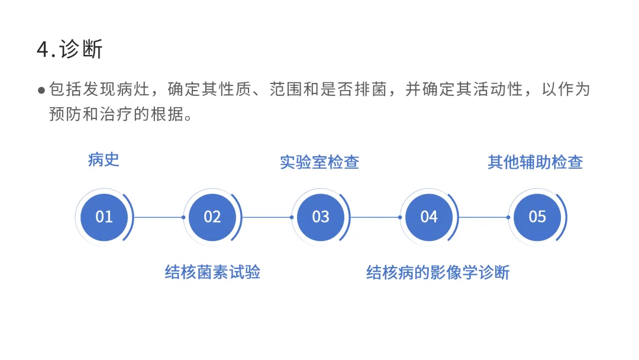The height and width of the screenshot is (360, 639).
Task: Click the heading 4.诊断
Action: [69, 49]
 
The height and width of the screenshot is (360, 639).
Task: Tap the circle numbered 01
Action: [104, 217]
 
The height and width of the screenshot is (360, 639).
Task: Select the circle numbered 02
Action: [212, 217]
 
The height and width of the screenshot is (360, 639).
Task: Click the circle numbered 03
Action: [321, 217]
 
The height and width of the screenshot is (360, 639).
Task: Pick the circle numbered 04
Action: [429, 217]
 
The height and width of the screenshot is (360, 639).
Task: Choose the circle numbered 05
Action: [537, 217]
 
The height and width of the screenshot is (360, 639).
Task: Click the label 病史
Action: [104, 160]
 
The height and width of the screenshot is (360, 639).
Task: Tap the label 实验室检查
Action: [319, 162]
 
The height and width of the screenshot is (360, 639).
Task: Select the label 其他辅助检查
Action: [535, 162]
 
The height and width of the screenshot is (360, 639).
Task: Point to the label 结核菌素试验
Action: [212, 272]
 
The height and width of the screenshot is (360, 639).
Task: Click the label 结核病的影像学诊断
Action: [438, 272]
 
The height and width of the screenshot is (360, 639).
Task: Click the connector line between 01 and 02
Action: [159, 217]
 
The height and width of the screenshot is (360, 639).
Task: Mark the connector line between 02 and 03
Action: [267, 217]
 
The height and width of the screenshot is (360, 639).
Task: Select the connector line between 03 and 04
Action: [375, 217]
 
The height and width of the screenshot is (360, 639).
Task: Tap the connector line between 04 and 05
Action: [483, 217]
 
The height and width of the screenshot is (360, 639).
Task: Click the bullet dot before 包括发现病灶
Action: [41, 91]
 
